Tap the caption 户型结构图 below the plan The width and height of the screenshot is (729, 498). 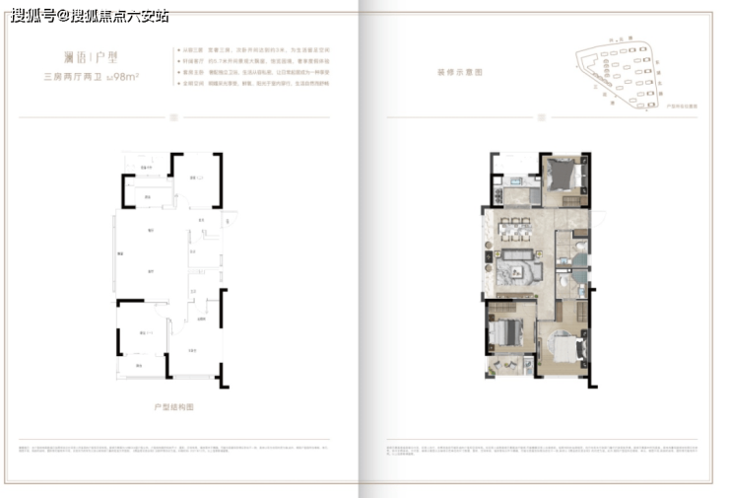click(x=175, y=405)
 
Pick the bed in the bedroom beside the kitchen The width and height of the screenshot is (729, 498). click(x=564, y=178)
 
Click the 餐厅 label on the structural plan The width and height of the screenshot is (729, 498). click(x=153, y=231)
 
